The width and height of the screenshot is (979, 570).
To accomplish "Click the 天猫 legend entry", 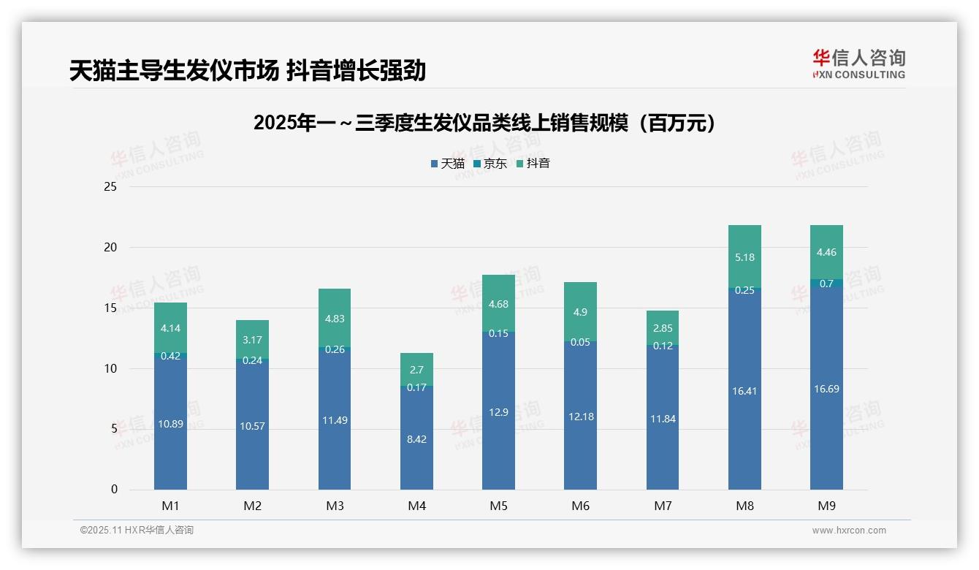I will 447,164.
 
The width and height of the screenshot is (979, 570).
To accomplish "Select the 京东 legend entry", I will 490,164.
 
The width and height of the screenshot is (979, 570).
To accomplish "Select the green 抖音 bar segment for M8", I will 744,256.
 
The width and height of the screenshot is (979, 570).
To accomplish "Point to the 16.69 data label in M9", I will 826,389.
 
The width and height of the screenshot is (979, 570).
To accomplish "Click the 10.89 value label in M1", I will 170,424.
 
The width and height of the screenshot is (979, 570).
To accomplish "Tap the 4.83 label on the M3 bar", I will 335,318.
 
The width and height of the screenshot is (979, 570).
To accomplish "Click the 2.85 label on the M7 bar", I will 662,328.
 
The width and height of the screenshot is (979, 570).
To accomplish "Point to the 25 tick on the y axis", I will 110,187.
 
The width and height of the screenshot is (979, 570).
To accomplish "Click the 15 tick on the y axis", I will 110,308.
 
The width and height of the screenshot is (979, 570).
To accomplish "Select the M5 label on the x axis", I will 498,506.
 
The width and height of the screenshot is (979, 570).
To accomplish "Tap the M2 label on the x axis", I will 252,506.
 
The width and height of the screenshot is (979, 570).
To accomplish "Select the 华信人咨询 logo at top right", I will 858,64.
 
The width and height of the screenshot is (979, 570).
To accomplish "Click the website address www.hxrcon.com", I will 849,531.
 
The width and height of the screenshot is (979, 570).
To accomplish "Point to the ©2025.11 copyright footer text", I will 137,531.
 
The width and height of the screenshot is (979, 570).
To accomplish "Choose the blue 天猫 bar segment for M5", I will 498,411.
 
